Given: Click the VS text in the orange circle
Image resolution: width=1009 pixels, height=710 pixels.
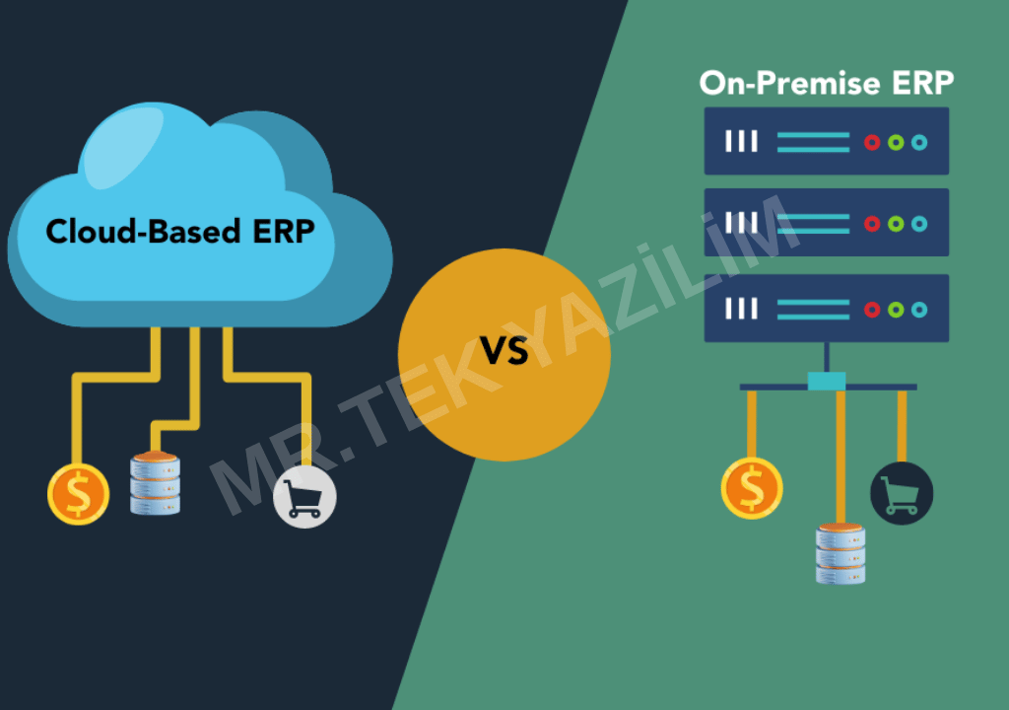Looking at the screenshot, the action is click(x=504, y=351).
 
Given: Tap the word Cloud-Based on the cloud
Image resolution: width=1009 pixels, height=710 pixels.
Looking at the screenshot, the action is click(x=144, y=231).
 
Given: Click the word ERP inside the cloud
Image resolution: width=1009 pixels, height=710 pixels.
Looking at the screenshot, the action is click(x=284, y=232).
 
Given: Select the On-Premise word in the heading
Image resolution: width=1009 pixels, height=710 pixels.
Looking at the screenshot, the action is click(x=789, y=83).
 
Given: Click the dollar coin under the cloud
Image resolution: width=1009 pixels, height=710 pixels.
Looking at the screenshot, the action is click(x=79, y=494).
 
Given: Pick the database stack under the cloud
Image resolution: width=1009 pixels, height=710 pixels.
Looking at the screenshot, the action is click(x=155, y=482).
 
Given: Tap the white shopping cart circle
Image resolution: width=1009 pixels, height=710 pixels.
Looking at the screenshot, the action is click(x=304, y=497).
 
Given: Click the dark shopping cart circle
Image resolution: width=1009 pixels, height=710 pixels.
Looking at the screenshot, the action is click(x=902, y=493).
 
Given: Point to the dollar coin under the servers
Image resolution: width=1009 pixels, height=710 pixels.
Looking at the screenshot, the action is click(x=752, y=488).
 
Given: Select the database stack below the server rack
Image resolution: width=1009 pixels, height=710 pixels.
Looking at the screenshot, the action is click(x=841, y=553).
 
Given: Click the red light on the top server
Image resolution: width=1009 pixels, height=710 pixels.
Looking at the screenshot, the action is click(x=872, y=142).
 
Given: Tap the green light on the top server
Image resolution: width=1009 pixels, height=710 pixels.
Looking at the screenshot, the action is click(x=896, y=142).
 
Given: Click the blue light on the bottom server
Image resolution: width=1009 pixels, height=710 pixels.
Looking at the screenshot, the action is click(x=919, y=310).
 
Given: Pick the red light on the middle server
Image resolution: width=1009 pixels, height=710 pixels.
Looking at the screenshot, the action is click(x=872, y=224).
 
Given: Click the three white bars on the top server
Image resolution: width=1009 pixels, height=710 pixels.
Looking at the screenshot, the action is click(x=741, y=141).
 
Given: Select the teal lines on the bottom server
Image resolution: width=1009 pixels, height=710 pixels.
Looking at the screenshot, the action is click(x=813, y=310).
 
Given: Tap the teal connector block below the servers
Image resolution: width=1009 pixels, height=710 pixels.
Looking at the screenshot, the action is click(x=827, y=381).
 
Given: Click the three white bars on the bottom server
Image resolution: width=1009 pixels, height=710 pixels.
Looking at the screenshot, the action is click(x=741, y=309).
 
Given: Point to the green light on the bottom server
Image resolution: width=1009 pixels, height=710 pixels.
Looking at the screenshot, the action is click(x=896, y=310).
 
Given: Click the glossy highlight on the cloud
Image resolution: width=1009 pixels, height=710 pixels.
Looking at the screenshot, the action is click(x=122, y=147).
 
